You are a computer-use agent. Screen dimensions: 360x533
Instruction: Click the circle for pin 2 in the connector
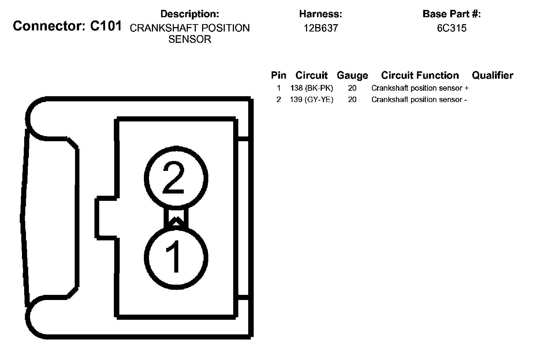tap(176, 178)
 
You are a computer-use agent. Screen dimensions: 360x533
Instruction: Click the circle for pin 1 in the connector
tap(176, 256)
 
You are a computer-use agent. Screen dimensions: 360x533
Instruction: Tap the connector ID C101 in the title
tap(106, 26)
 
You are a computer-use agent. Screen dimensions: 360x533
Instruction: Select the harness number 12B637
tap(320, 28)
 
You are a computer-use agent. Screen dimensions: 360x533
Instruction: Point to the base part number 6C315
tap(451, 28)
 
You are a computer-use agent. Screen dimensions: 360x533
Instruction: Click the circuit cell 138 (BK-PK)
tap(312, 88)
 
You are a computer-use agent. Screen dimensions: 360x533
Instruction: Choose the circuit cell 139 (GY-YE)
tap(312, 100)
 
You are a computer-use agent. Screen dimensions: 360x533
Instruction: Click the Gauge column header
tap(352, 75)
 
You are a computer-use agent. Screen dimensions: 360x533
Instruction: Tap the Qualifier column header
tap(492, 75)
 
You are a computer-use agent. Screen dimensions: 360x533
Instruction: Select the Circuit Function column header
tap(420, 75)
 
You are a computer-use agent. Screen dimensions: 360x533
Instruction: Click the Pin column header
tap(279, 75)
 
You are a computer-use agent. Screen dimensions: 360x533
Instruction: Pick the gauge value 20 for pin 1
tap(352, 88)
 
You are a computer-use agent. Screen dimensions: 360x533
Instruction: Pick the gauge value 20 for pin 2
tap(352, 100)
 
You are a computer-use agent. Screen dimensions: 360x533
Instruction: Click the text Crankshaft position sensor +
tap(420, 88)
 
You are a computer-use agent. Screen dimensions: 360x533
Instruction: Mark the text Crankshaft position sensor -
tap(419, 100)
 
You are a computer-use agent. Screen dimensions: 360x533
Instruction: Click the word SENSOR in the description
tap(190, 40)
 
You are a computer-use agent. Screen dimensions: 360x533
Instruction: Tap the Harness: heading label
tap(320, 14)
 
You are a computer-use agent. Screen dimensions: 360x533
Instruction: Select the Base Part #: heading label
tap(451, 14)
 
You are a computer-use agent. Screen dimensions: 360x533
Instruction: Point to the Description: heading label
tap(190, 14)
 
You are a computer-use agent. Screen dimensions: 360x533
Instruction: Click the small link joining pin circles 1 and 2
tap(176, 218)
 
